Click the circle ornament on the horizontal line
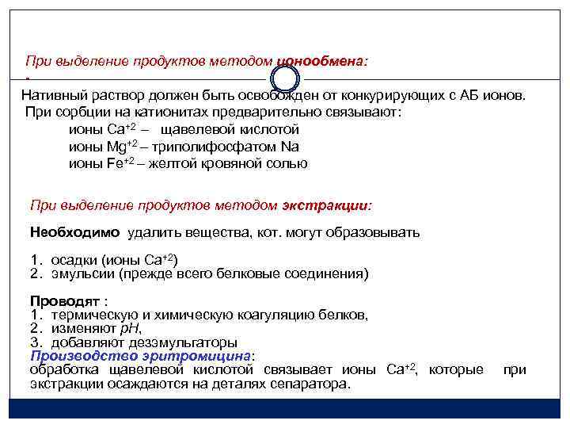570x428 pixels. click(x=286, y=78)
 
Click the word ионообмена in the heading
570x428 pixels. click(x=322, y=60)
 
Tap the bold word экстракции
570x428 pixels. click(x=325, y=205)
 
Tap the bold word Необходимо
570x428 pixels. click(x=74, y=232)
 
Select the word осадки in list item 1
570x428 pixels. click(x=74, y=261)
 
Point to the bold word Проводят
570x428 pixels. click(x=65, y=302)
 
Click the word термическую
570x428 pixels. click(x=100, y=315)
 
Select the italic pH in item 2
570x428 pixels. click(x=131, y=329)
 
